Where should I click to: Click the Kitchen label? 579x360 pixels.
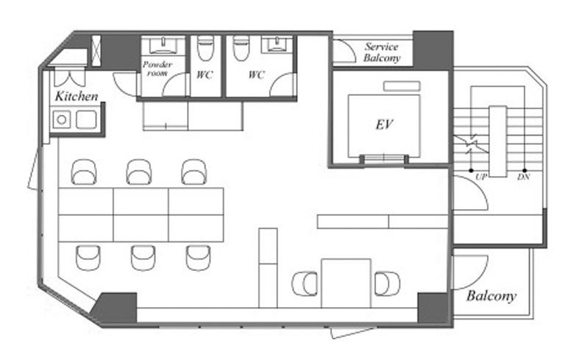tap(77, 96)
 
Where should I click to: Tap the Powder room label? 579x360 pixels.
tap(157, 68)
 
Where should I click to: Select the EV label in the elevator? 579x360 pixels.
tap(384, 124)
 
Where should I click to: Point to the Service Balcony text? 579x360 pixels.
tap(382, 52)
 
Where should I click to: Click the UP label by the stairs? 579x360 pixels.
tap(480, 177)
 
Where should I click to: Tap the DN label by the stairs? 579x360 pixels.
tap(523, 177)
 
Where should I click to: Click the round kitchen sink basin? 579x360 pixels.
tap(62, 120)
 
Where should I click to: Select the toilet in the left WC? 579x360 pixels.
tap(205, 48)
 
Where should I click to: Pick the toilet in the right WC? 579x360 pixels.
tap(241, 48)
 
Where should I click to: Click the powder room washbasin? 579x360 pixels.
tap(162, 45)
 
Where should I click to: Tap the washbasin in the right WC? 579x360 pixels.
tap(276, 44)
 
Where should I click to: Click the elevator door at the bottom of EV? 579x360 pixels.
tap(384, 159)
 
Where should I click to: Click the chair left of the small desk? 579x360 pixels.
tap(305, 283)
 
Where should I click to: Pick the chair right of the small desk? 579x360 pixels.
tap(387, 283)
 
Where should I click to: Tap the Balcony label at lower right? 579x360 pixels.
tap(491, 296)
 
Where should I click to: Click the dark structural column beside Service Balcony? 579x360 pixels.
tap(433, 50)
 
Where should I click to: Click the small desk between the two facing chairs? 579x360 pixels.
tap(346, 283)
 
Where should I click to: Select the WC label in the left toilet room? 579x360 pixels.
tap(205, 75)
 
